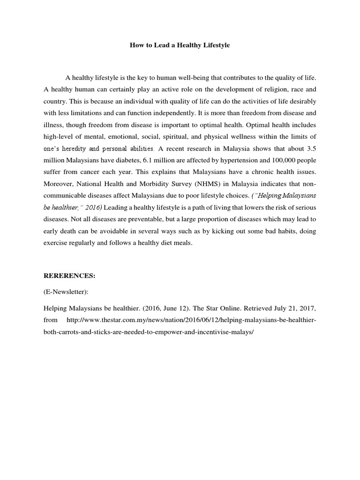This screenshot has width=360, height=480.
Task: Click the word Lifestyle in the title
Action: (216, 46)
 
